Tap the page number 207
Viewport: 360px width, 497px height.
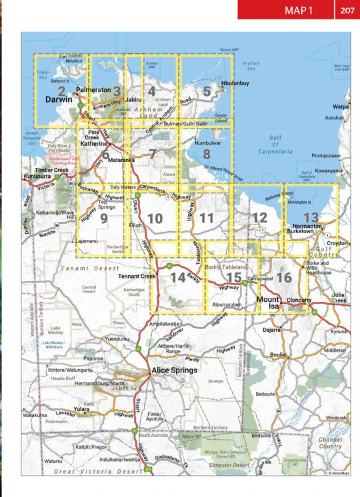point(347,10)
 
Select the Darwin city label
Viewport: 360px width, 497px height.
point(58,99)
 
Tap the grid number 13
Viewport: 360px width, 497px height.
point(311,218)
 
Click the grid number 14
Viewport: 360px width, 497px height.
point(177,277)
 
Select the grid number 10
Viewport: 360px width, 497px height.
point(155,219)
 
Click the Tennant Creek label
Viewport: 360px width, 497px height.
point(136,276)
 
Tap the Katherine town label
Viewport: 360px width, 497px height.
point(93,143)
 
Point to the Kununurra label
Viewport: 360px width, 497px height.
point(38,176)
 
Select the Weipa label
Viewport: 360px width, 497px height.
point(341,107)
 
